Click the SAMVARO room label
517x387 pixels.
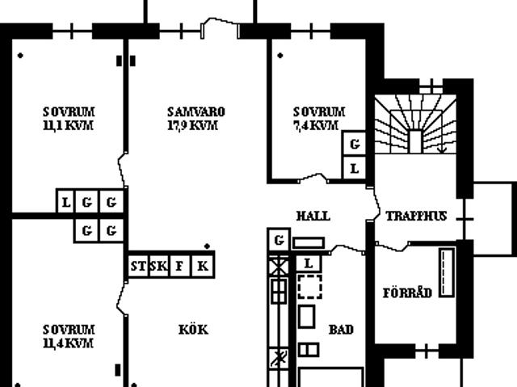(x=196, y=112)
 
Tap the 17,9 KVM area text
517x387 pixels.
(x=193, y=125)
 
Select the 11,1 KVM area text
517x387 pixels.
(x=68, y=125)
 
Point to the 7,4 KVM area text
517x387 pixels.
(x=316, y=125)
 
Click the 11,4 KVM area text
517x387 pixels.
(x=68, y=343)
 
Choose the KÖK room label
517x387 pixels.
(x=194, y=330)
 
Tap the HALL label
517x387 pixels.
(x=313, y=217)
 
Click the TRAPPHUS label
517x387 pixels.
(x=417, y=217)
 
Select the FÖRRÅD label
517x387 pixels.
(x=407, y=292)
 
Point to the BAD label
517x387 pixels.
(x=341, y=330)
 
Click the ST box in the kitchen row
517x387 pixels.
(x=138, y=266)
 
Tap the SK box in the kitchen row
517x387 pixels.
(x=159, y=266)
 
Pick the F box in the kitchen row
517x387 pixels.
(x=179, y=266)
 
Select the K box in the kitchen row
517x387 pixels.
(x=203, y=266)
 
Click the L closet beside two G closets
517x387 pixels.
(x=66, y=202)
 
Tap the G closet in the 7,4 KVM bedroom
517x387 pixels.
(x=355, y=144)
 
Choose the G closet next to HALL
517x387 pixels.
(x=279, y=240)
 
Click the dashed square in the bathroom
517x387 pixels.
(x=310, y=287)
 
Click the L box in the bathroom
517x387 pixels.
(x=309, y=263)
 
